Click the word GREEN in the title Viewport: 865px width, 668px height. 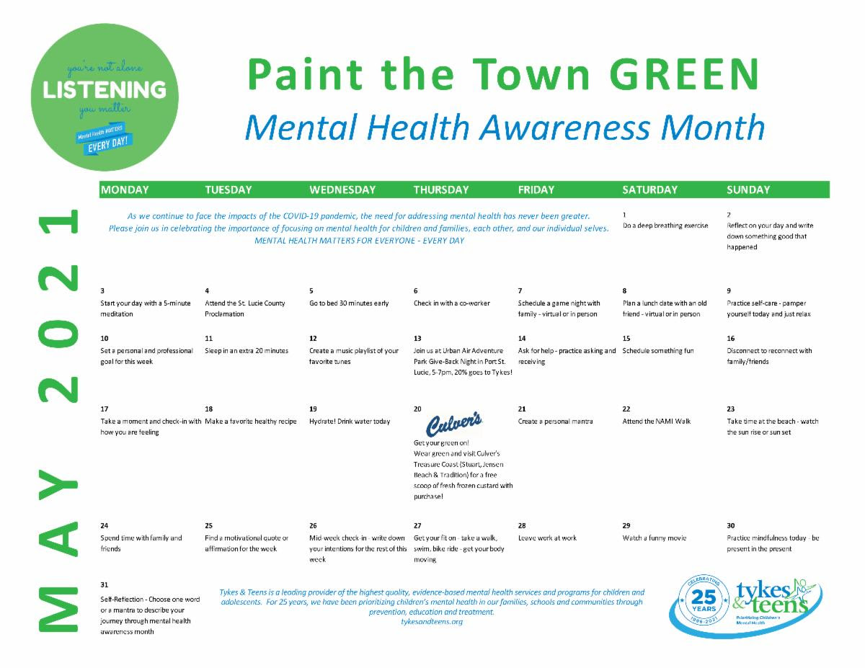(683, 74)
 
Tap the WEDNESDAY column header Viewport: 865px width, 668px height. (342, 190)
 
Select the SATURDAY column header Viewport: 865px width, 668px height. (649, 190)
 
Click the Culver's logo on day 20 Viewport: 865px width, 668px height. (454, 424)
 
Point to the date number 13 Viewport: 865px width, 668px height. (417, 339)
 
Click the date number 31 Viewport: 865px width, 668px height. (104, 585)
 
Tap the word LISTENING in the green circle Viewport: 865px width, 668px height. (105, 90)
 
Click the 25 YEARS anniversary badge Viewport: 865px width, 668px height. (704, 601)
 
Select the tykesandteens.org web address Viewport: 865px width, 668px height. (432, 621)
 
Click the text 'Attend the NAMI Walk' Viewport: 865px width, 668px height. (657, 422)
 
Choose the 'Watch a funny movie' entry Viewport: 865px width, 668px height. (655, 538)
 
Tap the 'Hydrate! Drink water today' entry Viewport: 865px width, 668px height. (350, 422)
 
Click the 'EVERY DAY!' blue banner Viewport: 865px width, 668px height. (107, 143)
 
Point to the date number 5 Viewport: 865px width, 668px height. (311, 291)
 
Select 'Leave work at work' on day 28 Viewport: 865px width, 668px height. (547, 538)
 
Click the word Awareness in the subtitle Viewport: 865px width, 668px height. (565, 128)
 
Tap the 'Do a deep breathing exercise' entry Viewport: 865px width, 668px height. (665, 226)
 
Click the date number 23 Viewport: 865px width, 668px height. (730, 409)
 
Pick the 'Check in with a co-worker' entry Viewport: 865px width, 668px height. (452, 303)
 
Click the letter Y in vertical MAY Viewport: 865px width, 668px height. (58, 484)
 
